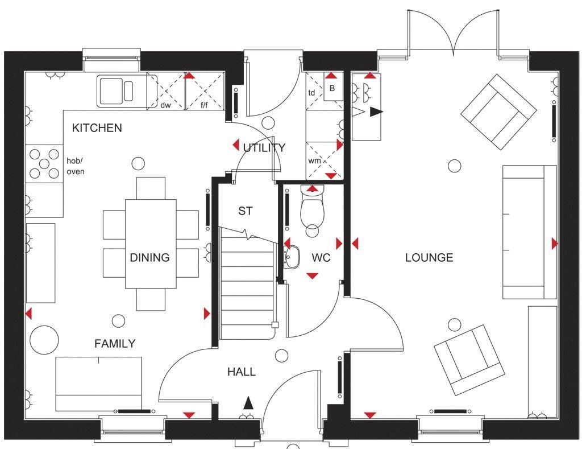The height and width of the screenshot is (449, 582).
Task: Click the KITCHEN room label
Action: click(x=97, y=128)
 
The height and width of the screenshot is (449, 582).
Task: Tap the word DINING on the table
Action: click(x=149, y=257)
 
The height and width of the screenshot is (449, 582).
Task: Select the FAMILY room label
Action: click(x=115, y=344)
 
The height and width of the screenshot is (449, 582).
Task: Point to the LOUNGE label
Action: click(x=429, y=258)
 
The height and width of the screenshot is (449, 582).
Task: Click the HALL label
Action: click(x=242, y=372)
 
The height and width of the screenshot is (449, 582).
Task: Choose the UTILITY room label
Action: click(x=264, y=147)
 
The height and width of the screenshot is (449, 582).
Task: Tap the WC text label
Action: click(x=321, y=258)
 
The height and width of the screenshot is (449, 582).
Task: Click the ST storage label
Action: click(x=246, y=211)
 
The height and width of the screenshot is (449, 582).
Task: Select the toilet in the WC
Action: click(x=313, y=211)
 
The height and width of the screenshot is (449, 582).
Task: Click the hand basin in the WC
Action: click(x=292, y=257)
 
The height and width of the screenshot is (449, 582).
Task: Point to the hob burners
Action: click(x=44, y=163)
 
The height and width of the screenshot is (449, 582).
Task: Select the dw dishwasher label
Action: click(x=165, y=105)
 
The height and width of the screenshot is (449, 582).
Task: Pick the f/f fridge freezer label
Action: click(x=204, y=105)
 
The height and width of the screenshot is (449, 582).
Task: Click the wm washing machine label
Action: click(x=314, y=161)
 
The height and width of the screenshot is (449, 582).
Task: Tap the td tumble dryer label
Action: click(x=312, y=93)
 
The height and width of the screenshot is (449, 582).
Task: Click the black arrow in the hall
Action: click(x=248, y=403)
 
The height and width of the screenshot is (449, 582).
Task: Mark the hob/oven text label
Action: click(x=76, y=166)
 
